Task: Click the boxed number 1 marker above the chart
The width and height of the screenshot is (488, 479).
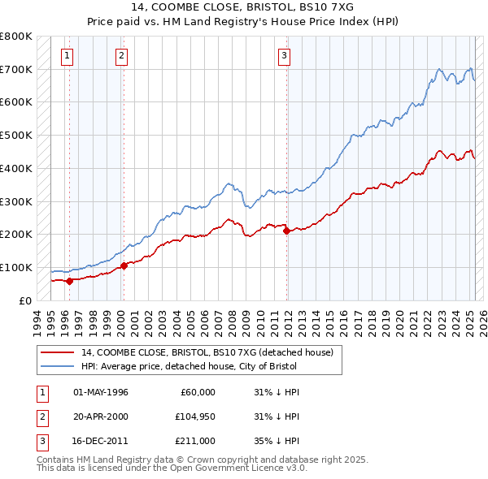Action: tap(66, 56)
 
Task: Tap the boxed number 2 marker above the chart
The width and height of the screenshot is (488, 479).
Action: tap(121, 56)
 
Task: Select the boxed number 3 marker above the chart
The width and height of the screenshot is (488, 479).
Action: tap(284, 56)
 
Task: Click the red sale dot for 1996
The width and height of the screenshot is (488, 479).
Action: tap(69, 281)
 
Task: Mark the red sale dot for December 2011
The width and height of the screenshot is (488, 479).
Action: tap(286, 231)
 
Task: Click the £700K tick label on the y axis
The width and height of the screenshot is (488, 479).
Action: tap(16, 69)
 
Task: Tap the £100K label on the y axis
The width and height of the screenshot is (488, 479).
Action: tap(16, 267)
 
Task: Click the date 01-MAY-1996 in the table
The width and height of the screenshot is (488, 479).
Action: tap(101, 392)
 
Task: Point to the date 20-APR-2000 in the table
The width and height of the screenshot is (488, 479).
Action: tap(101, 417)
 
